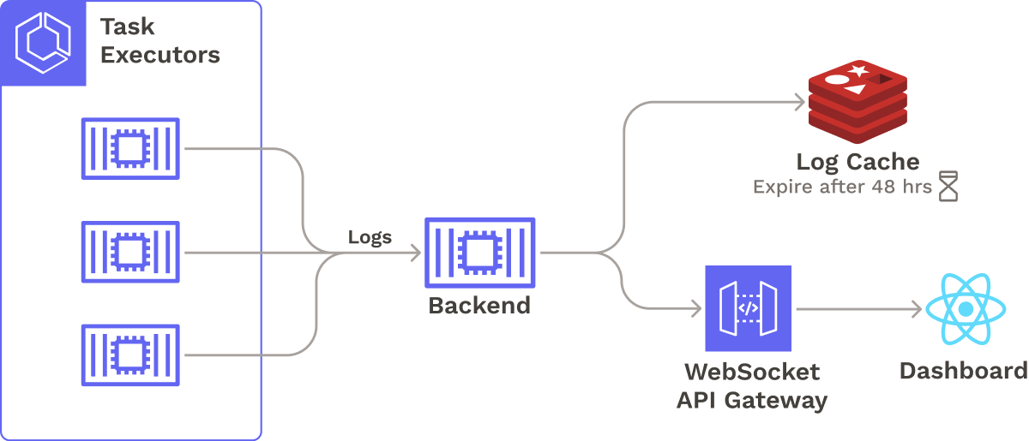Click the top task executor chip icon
[130, 149]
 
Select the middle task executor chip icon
[130, 253]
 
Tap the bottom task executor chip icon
[130, 355]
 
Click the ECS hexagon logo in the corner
[44, 43]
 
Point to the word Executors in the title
[160, 56]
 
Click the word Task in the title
[129, 27]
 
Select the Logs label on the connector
[370, 237]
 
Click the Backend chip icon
[480, 253]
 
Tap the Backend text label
[479, 306]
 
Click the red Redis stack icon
[857, 103]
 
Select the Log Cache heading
[857, 162]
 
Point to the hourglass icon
[948, 186]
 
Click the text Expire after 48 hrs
[842, 187]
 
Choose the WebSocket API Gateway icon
[748, 308]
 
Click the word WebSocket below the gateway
[752, 372]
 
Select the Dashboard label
[963, 371]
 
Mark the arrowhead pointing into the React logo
[917, 308]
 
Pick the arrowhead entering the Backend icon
[415, 253]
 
